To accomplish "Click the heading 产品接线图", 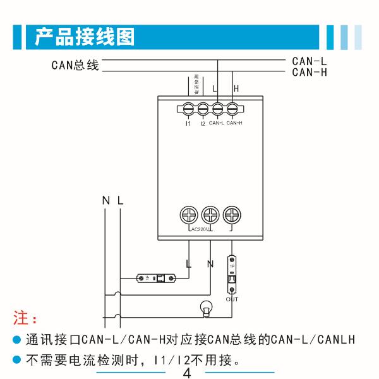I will (x=85, y=37).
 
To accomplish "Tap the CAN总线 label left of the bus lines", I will (x=75, y=66).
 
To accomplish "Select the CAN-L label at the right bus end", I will (x=310, y=61).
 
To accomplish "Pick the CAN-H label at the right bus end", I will (x=310, y=72).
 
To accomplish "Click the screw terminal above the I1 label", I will (x=188, y=109).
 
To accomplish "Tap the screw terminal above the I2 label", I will (x=203, y=109).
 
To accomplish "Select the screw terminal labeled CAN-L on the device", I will (x=217, y=109).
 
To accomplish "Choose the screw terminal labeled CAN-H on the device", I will (x=232, y=109).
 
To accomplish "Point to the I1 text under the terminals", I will (x=188, y=123).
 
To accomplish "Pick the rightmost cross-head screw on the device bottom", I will (x=232, y=214).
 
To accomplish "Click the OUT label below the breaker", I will (x=232, y=298).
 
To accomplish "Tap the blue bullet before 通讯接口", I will (x=18, y=340).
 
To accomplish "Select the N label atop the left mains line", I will (x=105, y=200).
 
